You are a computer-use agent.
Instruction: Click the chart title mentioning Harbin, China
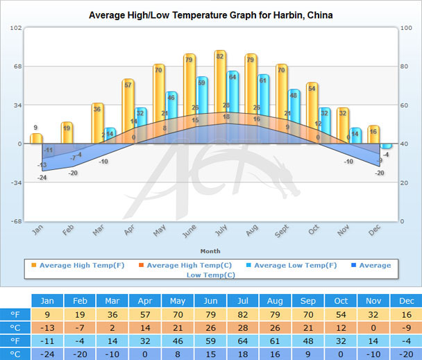[205, 15]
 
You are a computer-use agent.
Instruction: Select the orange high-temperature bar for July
[220, 97]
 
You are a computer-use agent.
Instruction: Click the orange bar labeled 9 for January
[36, 138]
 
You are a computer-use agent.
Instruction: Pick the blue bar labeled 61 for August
[263, 108]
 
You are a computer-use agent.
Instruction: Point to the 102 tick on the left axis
[17, 28]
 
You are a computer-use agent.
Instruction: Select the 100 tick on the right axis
[407, 28]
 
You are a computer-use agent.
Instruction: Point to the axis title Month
[210, 250]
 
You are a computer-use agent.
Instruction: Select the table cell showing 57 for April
[144, 314]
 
